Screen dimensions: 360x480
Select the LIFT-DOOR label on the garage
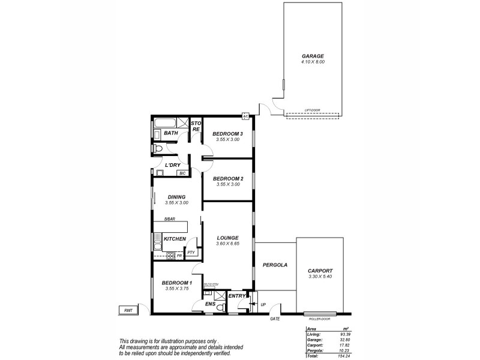pyautogui.click(x=313, y=110)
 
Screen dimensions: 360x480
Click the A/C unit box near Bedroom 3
pyautogui.click(x=245, y=116)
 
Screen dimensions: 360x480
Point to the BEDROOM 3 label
pyautogui.click(x=227, y=133)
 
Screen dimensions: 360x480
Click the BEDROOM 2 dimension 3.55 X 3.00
pyautogui.click(x=227, y=184)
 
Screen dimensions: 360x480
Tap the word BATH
pyautogui.click(x=171, y=133)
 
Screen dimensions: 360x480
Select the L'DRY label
pyautogui.click(x=173, y=165)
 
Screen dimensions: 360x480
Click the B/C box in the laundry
pyautogui.click(x=182, y=173)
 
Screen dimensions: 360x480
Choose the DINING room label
pyautogui.click(x=176, y=197)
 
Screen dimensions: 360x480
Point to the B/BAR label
pyautogui.click(x=160, y=220)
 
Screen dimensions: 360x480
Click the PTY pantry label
pyautogui.click(x=191, y=253)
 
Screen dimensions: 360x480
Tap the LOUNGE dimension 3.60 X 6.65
pyautogui.click(x=228, y=244)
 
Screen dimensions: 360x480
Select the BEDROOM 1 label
pyautogui.click(x=176, y=283)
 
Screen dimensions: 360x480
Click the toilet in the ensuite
pyautogui.click(x=221, y=308)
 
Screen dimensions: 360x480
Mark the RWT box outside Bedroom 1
pyautogui.click(x=127, y=310)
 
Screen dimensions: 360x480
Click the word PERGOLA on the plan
pyautogui.click(x=275, y=265)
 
